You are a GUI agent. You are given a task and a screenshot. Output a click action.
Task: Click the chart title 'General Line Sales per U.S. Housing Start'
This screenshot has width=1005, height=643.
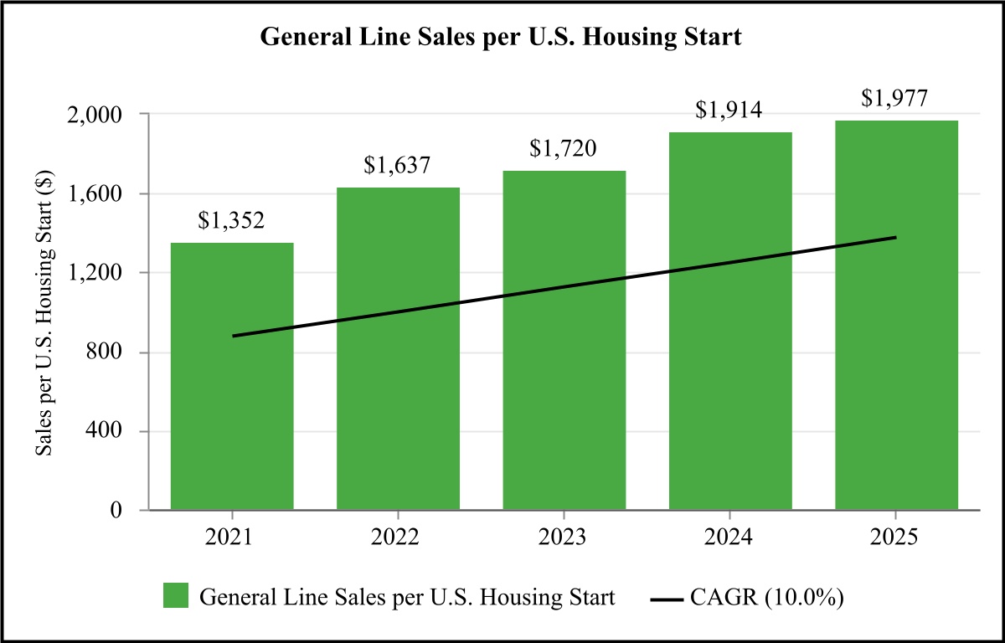coord(501,37)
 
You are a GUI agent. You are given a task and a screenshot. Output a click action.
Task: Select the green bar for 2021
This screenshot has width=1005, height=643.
coord(232,376)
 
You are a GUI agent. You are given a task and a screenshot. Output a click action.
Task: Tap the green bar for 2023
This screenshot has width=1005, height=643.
coord(564,340)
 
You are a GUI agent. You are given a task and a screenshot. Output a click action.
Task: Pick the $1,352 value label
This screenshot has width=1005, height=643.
coord(231,220)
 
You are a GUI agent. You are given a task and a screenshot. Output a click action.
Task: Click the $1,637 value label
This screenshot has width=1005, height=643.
coord(397,165)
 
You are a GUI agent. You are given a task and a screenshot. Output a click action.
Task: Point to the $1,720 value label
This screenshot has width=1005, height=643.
coord(563,148)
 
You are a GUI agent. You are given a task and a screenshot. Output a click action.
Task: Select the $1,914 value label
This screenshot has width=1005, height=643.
coord(729,110)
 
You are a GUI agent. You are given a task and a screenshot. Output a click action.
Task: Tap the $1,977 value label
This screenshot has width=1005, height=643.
coord(894,98)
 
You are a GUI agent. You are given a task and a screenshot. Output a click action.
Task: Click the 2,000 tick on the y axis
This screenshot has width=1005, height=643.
coord(94,116)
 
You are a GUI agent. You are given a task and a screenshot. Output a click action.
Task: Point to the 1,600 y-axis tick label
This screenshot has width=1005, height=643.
coord(94,194)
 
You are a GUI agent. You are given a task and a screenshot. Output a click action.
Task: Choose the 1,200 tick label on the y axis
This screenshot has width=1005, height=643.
coord(94,273)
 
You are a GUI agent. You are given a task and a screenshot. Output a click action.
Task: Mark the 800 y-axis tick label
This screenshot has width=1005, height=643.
coord(104,352)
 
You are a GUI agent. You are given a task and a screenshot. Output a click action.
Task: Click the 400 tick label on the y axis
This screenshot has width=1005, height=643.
coord(104,430)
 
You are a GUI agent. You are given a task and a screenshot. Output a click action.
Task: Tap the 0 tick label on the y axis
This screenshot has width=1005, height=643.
coord(116,510)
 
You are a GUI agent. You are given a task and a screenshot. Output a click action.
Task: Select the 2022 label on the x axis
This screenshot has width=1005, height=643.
coord(394,538)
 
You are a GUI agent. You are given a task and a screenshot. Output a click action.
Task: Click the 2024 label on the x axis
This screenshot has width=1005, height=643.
coord(728,538)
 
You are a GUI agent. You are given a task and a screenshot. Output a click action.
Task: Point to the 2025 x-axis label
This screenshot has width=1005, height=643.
coord(894,538)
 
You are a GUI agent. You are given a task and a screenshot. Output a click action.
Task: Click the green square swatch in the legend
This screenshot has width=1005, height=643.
coord(176,595)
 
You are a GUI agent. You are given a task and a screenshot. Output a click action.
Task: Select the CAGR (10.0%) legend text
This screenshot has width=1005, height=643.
coord(767,597)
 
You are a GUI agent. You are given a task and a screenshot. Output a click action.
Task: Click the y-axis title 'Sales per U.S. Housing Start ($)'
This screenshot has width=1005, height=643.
coord(45,313)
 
